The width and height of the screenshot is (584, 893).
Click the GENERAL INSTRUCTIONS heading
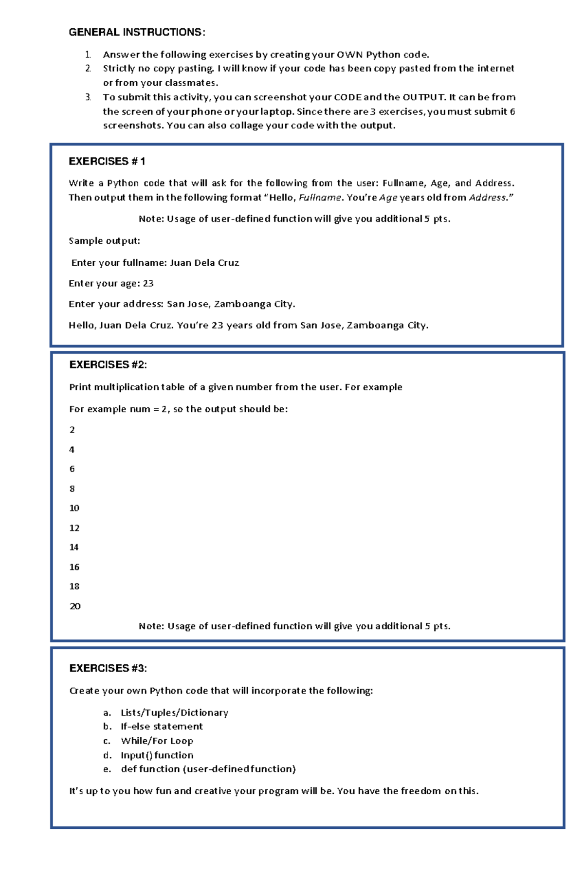137,33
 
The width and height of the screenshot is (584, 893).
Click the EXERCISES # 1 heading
107,162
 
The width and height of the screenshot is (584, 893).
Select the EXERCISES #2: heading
108,365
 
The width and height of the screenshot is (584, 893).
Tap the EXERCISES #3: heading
108,669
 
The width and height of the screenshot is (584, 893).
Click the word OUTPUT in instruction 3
423,97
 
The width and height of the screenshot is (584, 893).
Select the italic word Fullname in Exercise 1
320,198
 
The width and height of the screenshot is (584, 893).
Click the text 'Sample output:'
104,241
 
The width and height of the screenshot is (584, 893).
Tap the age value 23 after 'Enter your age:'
148,284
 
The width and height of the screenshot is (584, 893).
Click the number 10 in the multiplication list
74,508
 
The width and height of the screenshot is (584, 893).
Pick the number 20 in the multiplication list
75,606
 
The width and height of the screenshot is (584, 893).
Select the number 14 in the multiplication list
74,547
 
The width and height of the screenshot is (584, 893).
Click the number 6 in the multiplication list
72,469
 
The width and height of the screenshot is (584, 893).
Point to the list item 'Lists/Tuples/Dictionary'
174,713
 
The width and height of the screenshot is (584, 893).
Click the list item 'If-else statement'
162,727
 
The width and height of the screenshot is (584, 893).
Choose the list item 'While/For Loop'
157,741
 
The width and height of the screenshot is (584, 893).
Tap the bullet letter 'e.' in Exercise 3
107,769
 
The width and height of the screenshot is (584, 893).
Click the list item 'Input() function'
157,755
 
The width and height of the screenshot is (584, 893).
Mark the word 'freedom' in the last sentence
421,791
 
